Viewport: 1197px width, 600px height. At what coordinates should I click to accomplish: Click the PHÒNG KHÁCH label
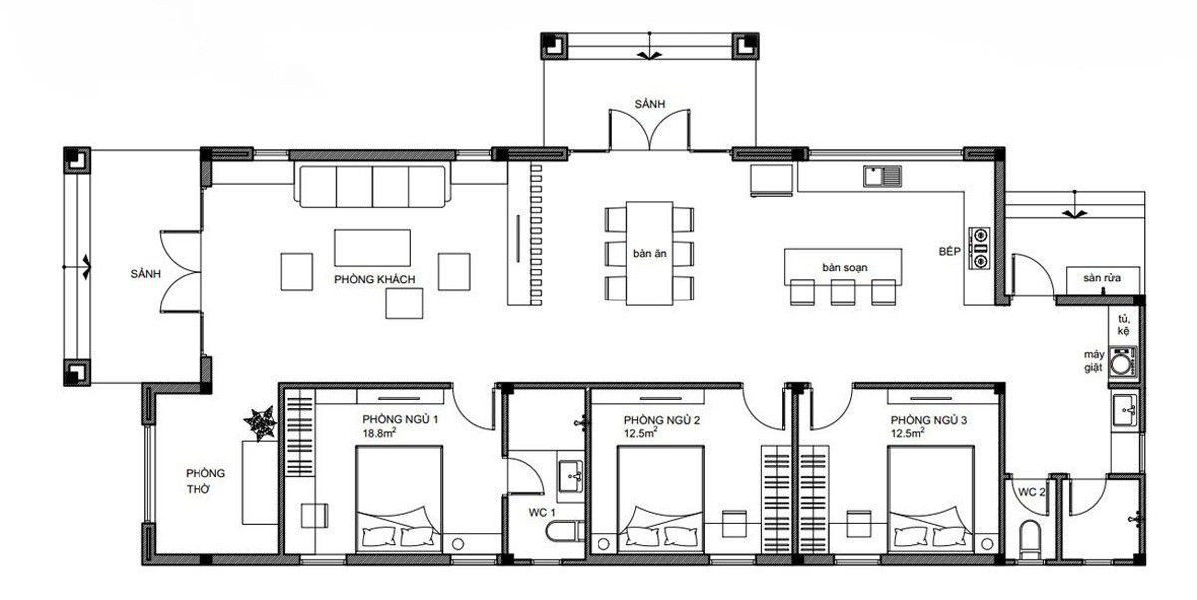(x=375, y=279)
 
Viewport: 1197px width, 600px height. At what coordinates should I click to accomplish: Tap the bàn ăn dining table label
(x=649, y=253)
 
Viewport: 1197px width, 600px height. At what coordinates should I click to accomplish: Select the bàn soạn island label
(x=844, y=267)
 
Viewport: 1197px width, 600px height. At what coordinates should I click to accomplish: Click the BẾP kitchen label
(x=949, y=251)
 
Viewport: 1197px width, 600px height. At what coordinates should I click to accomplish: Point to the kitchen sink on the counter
(x=882, y=176)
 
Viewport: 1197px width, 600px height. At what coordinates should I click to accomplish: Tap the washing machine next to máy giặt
(x=1123, y=363)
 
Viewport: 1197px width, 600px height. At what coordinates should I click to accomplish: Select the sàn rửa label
(x=1102, y=277)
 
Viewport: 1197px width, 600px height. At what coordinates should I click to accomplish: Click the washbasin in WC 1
(x=571, y=476)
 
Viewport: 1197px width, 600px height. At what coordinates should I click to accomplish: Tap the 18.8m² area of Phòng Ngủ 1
(x=379, y=432)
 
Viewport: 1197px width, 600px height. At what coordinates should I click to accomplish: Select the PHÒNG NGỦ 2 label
(x=661, y=420)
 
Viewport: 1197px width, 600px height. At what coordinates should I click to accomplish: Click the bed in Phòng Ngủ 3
(x=931, y=499)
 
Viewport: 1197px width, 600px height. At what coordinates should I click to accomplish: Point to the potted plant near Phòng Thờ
(x=260, y=423)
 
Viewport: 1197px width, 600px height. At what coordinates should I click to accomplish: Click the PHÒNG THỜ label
(x=205, y=481)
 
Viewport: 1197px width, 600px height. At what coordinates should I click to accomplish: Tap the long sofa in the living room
(x=372, y=186)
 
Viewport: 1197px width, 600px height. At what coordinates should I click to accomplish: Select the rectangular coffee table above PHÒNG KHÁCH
(x=372, y=247)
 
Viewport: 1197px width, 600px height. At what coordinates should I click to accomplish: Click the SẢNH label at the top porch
(x=649, y=104)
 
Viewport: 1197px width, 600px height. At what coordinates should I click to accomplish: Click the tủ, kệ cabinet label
(x=1124, y=325)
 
